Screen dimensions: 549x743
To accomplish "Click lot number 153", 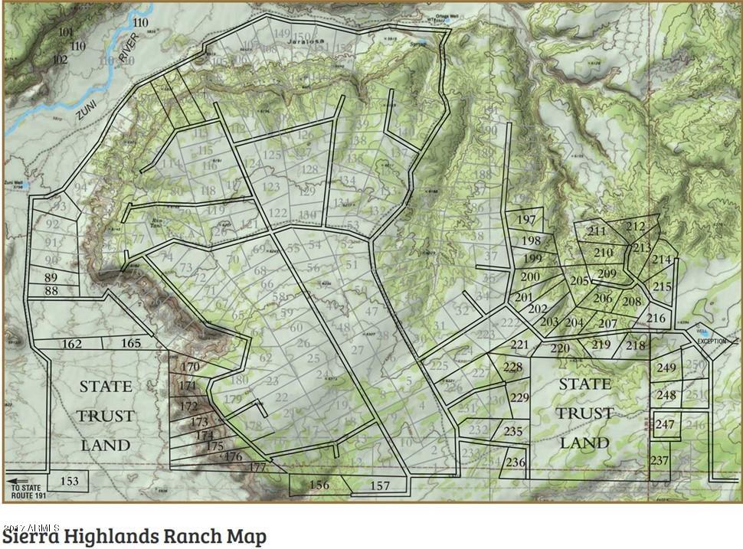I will [70, 481].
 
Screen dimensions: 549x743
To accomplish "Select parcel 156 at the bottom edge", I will [319, 485].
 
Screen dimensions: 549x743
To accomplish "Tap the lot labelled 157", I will [379, 485].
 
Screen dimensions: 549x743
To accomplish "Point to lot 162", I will [71, 344].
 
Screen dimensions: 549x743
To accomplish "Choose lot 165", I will [131, 344].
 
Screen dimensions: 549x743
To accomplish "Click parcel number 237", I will [660, 460].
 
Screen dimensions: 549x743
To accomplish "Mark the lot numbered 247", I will [665, 425].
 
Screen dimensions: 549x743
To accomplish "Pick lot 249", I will [666, 368].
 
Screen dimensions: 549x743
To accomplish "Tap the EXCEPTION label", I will [712, 341].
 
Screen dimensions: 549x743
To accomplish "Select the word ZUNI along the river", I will [86, 111].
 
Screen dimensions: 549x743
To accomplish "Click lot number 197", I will [526, 220].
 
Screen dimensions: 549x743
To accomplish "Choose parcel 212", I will [635, 227].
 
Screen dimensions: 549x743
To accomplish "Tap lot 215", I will [662, 287].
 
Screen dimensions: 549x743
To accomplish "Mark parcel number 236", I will [516, 462].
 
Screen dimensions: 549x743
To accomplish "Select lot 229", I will [519, 397].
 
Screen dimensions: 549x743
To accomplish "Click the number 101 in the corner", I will [65, 32].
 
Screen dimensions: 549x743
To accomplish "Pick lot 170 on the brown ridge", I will [190, 367].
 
